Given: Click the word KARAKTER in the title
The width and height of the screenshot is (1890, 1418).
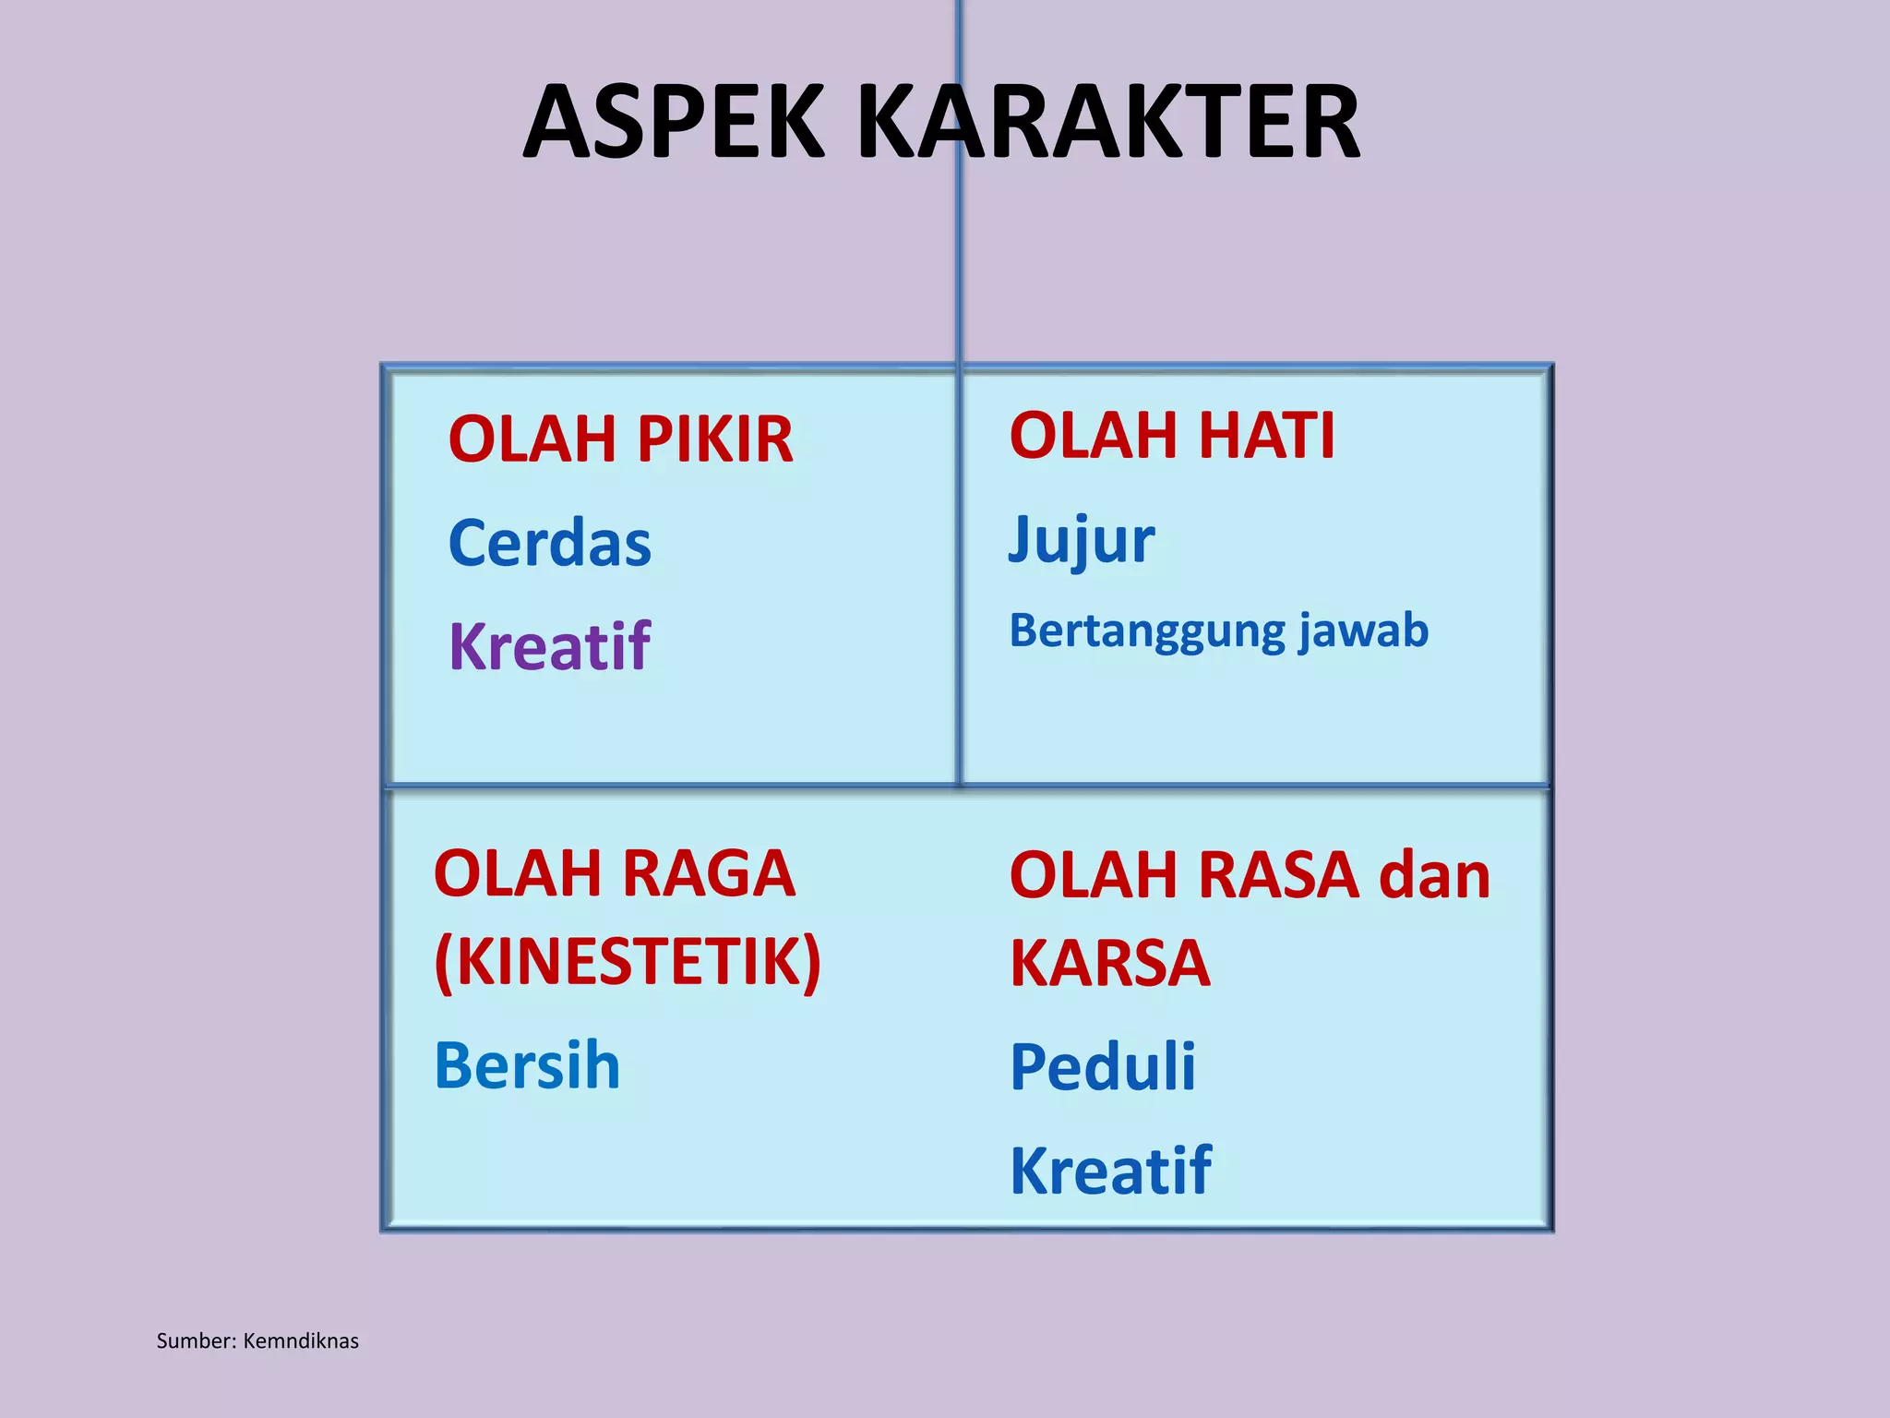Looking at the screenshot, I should (1109, 122).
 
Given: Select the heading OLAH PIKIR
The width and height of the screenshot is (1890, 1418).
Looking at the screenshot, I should (620, 439).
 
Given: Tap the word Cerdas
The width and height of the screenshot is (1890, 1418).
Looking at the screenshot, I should (550, 543).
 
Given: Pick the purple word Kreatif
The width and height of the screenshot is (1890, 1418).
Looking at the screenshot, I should (550, 646).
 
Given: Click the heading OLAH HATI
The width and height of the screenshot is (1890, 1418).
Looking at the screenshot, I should (1172, 435).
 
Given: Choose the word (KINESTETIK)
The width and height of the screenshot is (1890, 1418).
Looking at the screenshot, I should (628, 962).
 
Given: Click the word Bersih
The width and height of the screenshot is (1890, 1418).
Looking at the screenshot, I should (527, 1065).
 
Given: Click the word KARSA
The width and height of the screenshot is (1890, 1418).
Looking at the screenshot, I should (1109, 963).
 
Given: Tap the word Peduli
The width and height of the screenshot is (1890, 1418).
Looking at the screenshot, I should (1103, 1067).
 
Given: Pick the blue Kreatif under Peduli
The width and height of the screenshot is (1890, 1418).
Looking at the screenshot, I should (1110, 1171).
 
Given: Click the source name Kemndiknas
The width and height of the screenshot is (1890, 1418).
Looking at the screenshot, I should (301, 1341).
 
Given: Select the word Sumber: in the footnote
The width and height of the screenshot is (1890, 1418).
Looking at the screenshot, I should (197, 1341).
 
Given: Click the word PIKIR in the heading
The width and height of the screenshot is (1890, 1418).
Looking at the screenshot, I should (714, 439).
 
